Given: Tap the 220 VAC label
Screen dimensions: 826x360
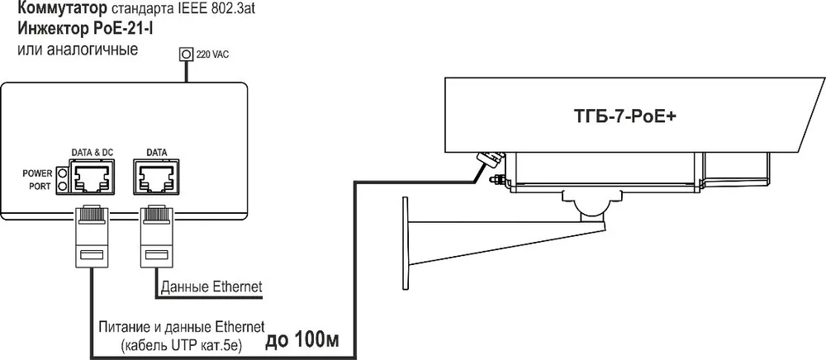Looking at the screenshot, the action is click(212, 54).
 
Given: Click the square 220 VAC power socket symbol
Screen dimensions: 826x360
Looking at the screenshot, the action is click(186, 54).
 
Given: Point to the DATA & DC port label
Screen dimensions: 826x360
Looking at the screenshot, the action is click(93, 153).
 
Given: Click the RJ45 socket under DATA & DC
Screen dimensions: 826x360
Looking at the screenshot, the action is click(93, 178).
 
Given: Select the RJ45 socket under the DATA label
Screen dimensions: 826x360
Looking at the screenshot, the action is click(156, 178).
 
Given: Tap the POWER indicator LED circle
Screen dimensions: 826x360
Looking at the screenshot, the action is click(64, 173).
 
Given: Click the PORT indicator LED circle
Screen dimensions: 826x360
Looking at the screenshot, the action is click(64, 187).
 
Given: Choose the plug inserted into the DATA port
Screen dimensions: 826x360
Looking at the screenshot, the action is click(156, 234).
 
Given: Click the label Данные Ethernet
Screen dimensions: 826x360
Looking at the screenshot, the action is click(211, 287).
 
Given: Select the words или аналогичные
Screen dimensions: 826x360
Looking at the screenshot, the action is click(78, 50).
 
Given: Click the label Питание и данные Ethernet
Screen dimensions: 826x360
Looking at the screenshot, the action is click(181, 327).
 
